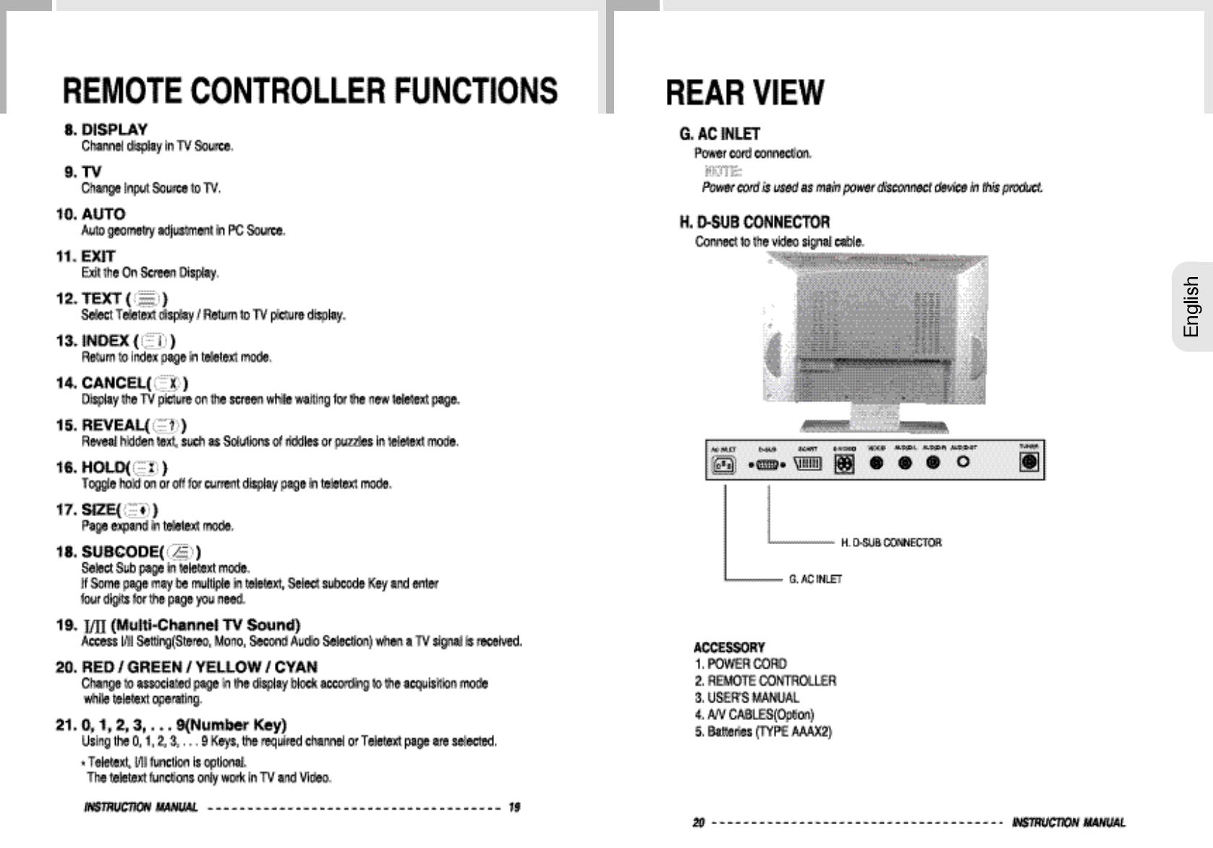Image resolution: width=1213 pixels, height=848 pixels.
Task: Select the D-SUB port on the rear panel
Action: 767,465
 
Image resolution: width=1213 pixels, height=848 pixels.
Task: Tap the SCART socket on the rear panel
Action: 807,465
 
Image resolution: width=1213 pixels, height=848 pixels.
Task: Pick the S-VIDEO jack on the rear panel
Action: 844,465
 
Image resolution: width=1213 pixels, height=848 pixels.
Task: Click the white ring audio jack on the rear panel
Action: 963,462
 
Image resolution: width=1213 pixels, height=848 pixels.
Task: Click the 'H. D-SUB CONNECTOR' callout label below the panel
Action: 890,543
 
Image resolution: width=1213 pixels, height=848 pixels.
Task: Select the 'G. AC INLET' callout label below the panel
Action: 815,579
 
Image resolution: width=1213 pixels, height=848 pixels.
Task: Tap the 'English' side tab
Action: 1191,307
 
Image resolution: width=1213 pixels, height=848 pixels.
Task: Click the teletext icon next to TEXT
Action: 148,299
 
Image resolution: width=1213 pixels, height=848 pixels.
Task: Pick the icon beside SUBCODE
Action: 180,553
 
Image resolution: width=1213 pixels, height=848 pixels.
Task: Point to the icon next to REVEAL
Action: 167,425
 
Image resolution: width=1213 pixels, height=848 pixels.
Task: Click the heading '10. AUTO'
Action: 90,214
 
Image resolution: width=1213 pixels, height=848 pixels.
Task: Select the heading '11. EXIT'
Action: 85,256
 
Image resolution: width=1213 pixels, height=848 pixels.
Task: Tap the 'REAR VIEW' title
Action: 744,93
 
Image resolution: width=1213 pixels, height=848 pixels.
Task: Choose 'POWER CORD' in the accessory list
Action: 746,663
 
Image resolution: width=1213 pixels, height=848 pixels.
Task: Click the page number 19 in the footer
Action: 514,807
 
